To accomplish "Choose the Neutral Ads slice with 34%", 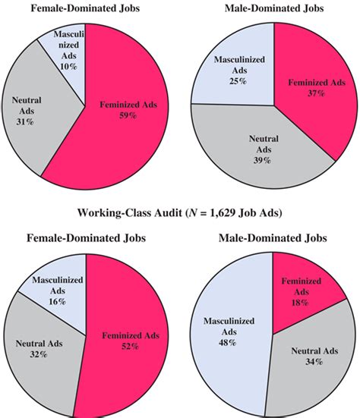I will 304,357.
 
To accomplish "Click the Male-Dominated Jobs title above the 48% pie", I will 274,238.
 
